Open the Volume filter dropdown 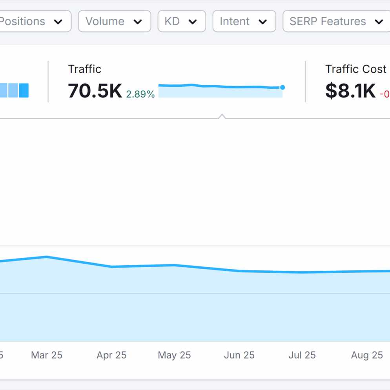pyautogui.click(x=114, y=21)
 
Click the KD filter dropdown pyautogui.click(x=181, y=21)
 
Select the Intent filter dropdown pyautogui.click(x=244, y=21)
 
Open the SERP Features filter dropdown pyautogui.click(x=336, y=21)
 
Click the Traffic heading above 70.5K pyautogui.click(x=84, y=69)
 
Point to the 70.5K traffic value pyautogui.click(x=95, y=91)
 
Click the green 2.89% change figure pyautogui.click(x=140, y=94)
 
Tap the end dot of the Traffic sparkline pyautogui.click(x=282, y=87)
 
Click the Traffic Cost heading pyautogui.click(x=355, y=69)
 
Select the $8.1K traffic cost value pyautogui.click(x=350, y=91)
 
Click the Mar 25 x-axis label pyautogui.click(x=47, y=355)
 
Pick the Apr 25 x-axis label pyautogui.click(x=111, y=355)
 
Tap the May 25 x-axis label pyautogui.click(x=174, y=355)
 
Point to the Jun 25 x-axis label pyautogui.click(x=239, y=355)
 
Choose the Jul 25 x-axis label pyautogui.click(x=302, y=355)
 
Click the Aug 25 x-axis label pyautogui.click(x=367, y=355)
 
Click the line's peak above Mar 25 pyautogui.click(x=47, y=257)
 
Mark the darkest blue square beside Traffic pyautogui.click(x=24, y=90)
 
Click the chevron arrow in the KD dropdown pyautogui.click(x=193, y=22)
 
